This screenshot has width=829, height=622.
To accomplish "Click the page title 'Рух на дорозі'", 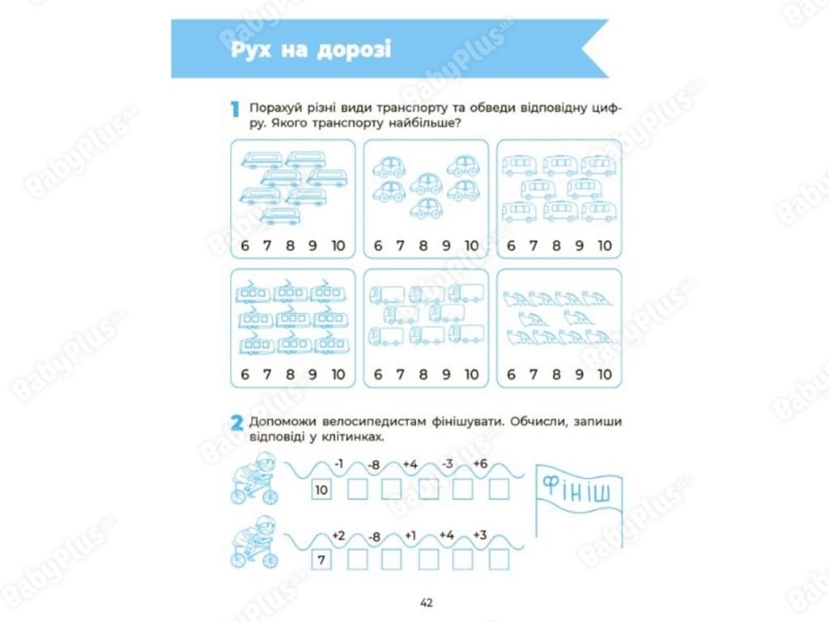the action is pyautogui.click(x=311, y=49).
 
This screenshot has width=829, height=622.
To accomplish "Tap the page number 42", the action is pyautogui.click(x=426, y=603).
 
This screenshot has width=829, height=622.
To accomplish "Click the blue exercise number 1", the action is pyautogui.click(x=236, y=109).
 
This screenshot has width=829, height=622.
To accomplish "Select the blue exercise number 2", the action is pyautogui.click(x=237, y=423).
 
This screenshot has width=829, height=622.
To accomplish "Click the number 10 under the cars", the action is pyautogui.click(x=472, y=245).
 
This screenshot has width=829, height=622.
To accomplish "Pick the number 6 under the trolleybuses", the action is pyautogui.click(x=244, y=374).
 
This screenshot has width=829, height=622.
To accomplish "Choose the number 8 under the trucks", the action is pyautogui.click(x=423, y=374).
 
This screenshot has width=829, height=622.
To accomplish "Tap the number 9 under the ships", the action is pyautogui.click(x=580, y=374).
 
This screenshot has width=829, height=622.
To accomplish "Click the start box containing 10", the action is pyautogui.click(x=321, y=490).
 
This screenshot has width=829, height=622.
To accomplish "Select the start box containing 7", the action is pyautogui.click(x=321, y=560).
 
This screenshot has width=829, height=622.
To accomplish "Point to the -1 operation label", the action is pyautogui.click(x=339, y=464).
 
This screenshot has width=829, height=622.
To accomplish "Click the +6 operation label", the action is pyautogui.click(x=480, y=464).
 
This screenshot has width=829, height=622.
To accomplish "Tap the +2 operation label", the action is pyautogui.click(x=338, y=536).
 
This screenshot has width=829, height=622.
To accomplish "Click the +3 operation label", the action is pyautogui.click(x=480, y=535).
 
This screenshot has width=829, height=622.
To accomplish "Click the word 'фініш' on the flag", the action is pyautogui.click(x=576, y=489).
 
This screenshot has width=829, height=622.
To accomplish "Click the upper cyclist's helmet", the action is pyautogui.click(x=266, y=461).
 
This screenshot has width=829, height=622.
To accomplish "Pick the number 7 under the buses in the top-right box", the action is pyautogui.click(x=534, y=245).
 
